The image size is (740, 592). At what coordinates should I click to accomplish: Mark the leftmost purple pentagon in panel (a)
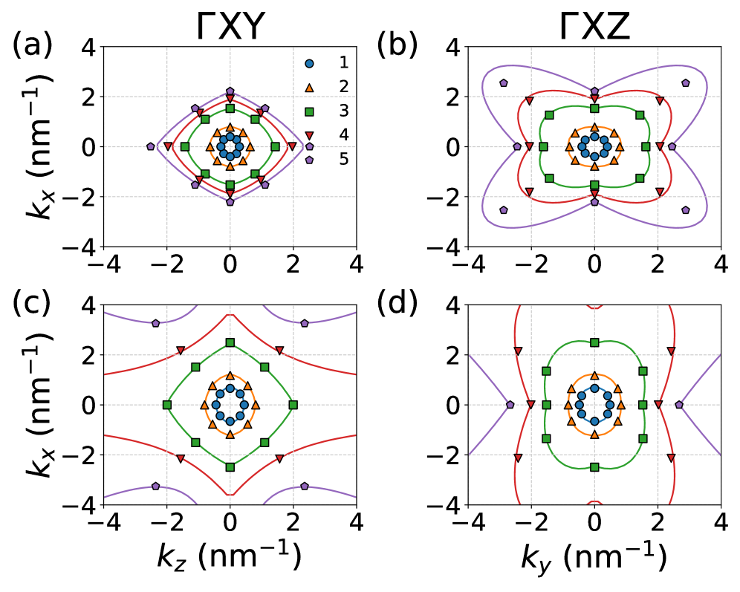(x=151, y=147)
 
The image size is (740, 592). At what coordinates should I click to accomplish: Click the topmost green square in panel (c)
(x=230, y=342)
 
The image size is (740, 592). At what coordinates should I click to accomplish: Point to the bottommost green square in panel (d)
(x=594, y=466)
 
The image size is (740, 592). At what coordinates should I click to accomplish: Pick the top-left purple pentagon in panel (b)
(x=504, y=83)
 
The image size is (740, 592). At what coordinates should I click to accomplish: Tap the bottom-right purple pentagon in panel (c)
(x=305, y=486)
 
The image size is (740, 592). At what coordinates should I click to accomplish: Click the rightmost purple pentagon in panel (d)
(x=678, y=405)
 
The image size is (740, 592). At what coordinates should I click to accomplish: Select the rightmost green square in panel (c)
(x=293, y=405)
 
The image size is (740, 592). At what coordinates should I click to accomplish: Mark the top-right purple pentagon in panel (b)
(x=685, y=83)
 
